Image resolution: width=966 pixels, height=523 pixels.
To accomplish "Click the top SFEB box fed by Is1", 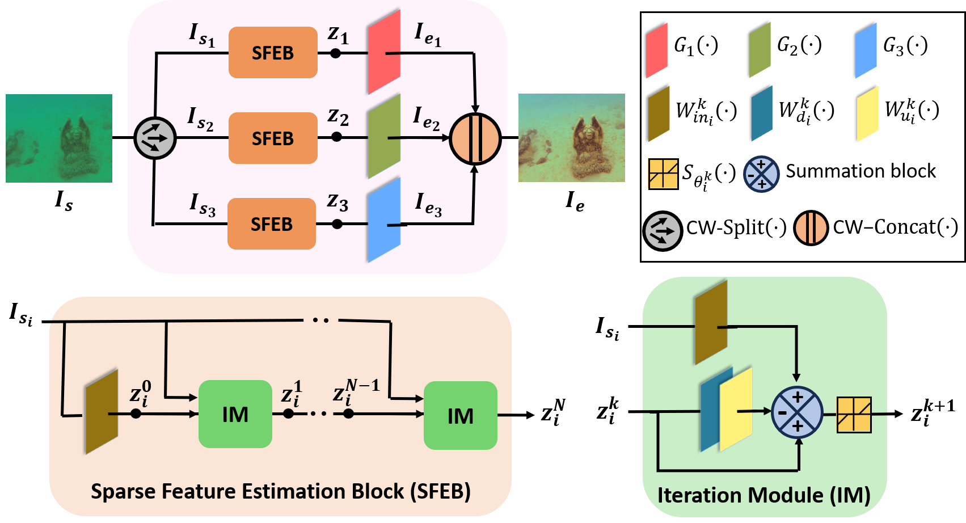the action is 273,53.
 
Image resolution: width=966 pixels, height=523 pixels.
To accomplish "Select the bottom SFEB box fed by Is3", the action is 272,223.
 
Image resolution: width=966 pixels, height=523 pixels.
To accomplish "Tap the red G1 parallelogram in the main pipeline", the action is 384,52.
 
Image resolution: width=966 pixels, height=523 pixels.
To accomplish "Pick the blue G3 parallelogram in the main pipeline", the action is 384,220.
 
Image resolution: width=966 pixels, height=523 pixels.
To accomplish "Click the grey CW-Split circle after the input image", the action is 155,138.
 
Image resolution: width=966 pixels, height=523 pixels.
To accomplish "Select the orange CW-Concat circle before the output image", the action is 475,139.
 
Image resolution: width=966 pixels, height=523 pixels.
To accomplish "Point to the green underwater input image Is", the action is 59,138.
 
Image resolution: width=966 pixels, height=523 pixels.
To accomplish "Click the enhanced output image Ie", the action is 572,138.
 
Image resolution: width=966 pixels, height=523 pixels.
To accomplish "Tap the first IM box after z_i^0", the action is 235,414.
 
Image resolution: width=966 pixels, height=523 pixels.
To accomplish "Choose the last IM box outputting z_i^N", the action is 461,415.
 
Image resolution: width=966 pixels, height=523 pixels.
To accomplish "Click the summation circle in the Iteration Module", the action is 797,412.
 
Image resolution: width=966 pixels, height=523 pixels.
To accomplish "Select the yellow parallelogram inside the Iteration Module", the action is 736,409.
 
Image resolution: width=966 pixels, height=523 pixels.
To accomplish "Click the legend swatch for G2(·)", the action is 760,50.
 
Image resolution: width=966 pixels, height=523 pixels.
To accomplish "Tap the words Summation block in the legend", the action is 860,171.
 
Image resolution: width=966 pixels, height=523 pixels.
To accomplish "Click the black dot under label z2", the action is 337,137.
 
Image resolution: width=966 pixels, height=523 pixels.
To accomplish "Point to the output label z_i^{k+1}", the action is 933,412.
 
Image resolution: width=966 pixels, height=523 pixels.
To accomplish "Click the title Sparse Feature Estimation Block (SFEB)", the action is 281,491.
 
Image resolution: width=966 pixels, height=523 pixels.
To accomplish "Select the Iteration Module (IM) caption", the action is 764,495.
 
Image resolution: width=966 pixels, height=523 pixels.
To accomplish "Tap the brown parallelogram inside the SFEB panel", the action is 102,412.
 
